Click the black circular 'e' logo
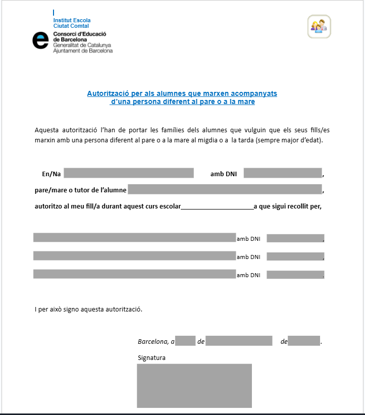(40, 40)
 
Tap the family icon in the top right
(319, 26)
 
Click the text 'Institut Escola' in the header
(72, 20)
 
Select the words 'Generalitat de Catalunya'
(82, 45)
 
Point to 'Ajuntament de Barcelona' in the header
(83, 50)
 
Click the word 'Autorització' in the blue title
(108, 93)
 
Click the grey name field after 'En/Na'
(129, 173)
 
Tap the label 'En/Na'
(51, 174)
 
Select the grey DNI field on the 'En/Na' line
(283, 173)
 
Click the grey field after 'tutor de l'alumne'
(225, 189)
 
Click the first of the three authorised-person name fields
(134, 238)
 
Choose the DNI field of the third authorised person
(295, 275)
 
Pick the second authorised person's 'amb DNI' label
(248, 257)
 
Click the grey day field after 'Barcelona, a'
(186, 341)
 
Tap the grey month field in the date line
(239, 341)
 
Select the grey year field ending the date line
(305, 341)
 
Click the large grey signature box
(194, 385)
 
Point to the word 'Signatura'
(151, 358)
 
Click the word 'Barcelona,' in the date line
(153, 341)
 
